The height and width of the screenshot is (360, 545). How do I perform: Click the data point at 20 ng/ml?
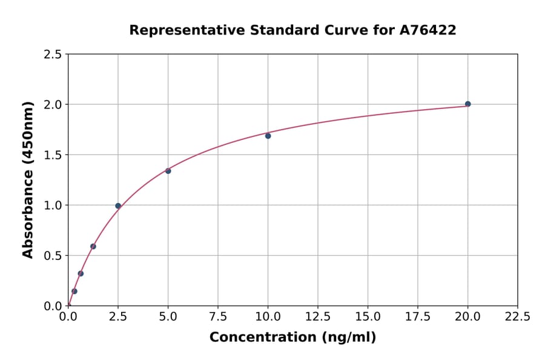(467, 104)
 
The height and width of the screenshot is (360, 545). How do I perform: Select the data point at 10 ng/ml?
(268, 136)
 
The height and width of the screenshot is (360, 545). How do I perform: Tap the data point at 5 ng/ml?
(168, 171)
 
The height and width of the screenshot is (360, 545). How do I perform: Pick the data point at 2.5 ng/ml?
(118, 206)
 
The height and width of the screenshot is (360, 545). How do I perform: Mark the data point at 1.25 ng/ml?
(93, 246)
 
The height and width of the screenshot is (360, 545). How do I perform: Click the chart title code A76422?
(429, 30)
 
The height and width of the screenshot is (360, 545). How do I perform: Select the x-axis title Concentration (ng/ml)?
(292, 337)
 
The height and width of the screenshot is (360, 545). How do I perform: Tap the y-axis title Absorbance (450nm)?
(28, 180)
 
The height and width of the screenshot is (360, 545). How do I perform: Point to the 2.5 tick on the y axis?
(53, 55)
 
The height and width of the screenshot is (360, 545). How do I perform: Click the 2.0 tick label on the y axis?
(53, 105)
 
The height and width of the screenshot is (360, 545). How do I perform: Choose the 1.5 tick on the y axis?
(53, 155)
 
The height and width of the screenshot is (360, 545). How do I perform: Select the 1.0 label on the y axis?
(53, 205)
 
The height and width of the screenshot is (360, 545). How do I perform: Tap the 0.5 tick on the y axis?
(53, 256)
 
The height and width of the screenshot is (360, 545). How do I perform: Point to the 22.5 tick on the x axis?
(518, 316)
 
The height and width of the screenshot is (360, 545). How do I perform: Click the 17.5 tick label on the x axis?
(418, 316)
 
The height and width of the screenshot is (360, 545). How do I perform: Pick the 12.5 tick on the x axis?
(318, 316)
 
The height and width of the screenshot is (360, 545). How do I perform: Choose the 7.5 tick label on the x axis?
(218, 316)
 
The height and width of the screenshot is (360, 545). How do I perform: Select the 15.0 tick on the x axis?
(368, 316)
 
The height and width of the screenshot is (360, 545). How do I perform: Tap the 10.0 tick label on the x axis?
(268, 316)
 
